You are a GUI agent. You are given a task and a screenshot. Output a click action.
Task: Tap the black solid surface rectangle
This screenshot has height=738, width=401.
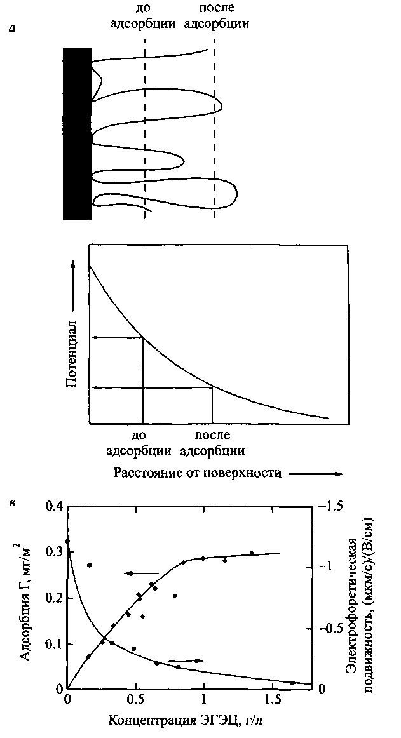[77, 133]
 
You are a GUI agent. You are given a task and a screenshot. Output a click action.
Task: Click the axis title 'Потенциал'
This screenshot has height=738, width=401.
[72, 352]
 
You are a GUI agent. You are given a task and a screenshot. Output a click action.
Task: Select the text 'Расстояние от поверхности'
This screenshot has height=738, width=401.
[198, 473]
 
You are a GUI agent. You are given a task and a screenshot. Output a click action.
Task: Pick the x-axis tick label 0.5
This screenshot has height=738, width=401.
[135, 702]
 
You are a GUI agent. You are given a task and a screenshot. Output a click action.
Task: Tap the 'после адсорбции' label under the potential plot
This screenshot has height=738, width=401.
[212, 443]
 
